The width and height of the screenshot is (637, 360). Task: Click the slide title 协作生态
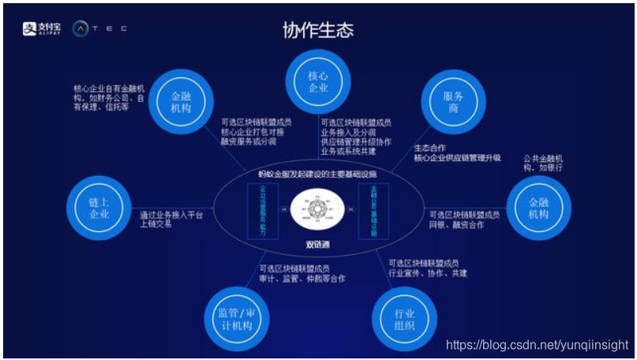coord(318,30)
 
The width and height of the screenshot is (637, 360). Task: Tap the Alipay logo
coord(41,28)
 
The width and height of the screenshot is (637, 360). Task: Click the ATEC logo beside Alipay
coord(99,28)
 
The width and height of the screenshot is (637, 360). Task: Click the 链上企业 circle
coord(97,208)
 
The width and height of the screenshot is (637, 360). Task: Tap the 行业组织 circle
coord(404,318)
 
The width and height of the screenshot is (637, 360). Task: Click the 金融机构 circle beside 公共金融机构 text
coord(538,208)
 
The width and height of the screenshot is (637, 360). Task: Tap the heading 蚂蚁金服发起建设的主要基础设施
coord(318,173)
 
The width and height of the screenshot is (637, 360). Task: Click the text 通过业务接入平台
coord(171,216)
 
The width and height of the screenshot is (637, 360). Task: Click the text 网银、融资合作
coord(456,225)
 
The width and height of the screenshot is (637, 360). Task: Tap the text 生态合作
coord(432,148)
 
